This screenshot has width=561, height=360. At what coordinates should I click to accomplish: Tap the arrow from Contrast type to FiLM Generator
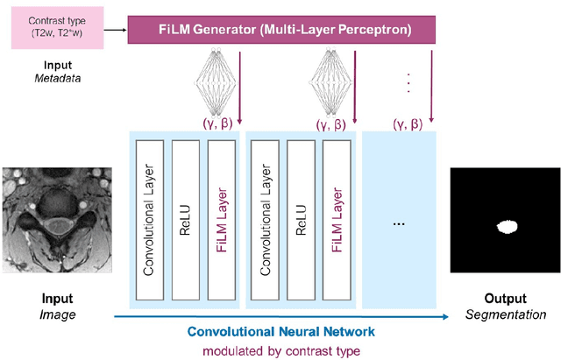click(x=113, y=30)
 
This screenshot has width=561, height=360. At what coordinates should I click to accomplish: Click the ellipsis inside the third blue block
click(x=398, y=224)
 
